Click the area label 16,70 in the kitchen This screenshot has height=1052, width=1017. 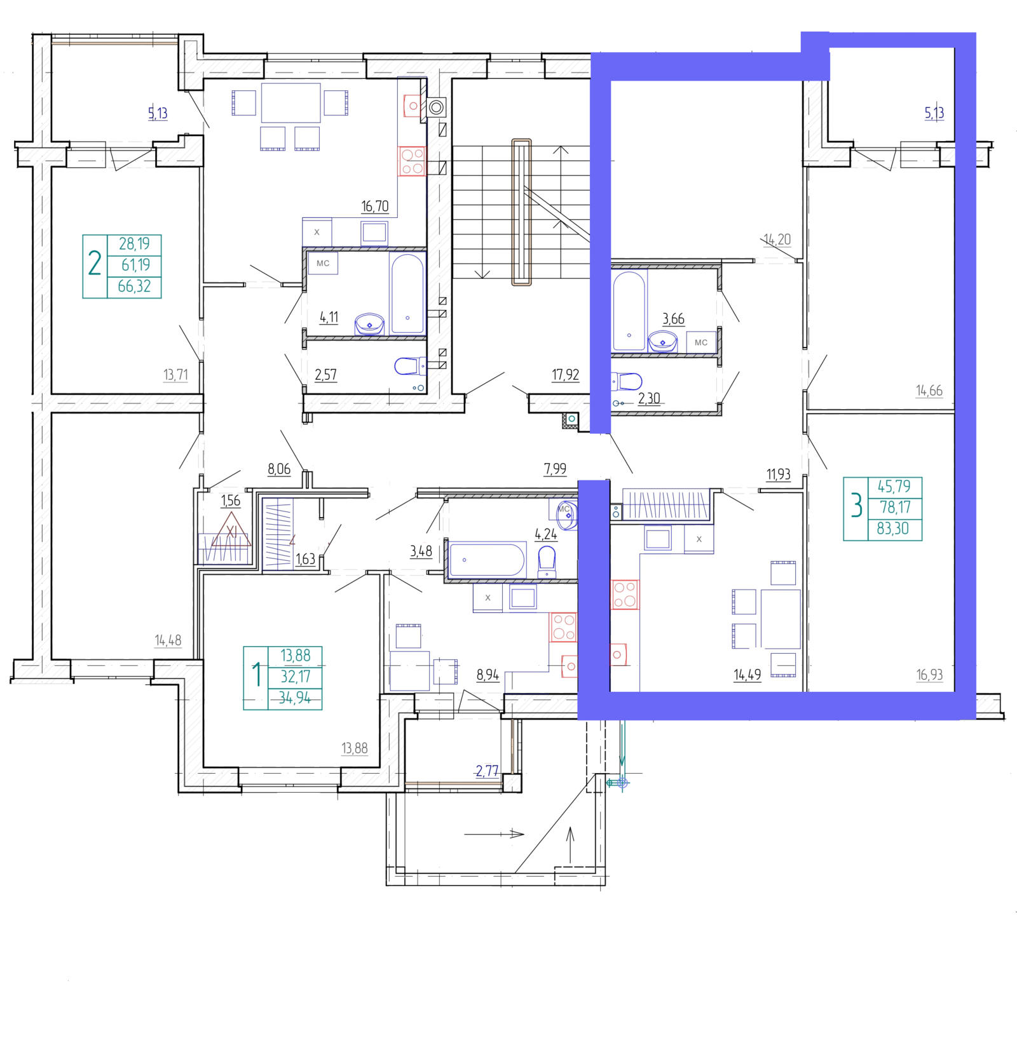tap(374, 206)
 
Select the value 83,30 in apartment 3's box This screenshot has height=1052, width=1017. tap(893, 529)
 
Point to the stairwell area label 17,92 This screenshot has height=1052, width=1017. tap(565, 375)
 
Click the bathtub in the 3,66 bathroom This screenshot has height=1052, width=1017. tap(629, 311)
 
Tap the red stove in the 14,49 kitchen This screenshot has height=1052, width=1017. tap(625, 595)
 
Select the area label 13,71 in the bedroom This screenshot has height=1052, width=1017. tap(175, 375)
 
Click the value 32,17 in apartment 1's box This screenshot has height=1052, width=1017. tap(296, 677)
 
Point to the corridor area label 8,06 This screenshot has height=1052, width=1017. tap(279, 469)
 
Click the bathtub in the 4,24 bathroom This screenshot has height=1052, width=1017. tap(487, 560)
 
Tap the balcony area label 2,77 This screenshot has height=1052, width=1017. tap(487, 771)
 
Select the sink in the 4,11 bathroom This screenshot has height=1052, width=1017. tap(369, 324)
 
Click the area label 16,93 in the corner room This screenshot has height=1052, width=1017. tap(929, 675)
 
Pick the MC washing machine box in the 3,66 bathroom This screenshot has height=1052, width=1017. tap(700, 342)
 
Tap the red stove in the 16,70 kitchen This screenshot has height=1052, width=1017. tap(412, 161)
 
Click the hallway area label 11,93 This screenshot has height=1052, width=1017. tap(778, 475)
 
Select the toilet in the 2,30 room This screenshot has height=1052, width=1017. tap(627, 381)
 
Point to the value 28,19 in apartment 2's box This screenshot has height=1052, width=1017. tap(134, 244)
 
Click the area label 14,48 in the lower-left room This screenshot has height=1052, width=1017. tap(168, 641)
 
